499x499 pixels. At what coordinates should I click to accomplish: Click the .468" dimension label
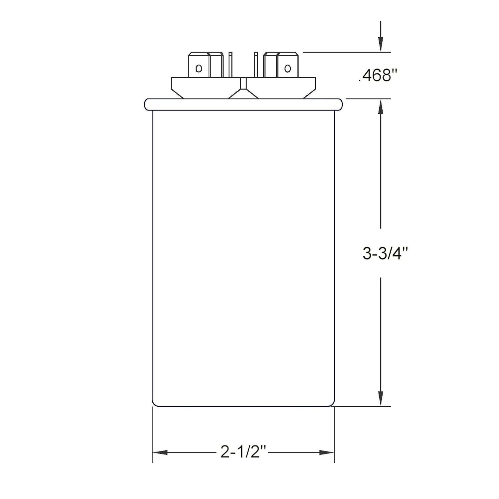378,76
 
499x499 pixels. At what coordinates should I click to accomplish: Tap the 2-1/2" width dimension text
244,452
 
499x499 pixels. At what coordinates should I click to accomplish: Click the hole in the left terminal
199,69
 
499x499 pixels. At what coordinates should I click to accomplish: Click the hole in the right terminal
287,69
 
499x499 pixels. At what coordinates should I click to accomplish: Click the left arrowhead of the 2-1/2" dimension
160,453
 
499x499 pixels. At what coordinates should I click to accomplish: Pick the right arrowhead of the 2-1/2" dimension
326,453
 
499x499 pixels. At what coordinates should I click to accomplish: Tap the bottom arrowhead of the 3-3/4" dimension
381,398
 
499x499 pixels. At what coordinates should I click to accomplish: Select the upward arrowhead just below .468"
381,107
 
